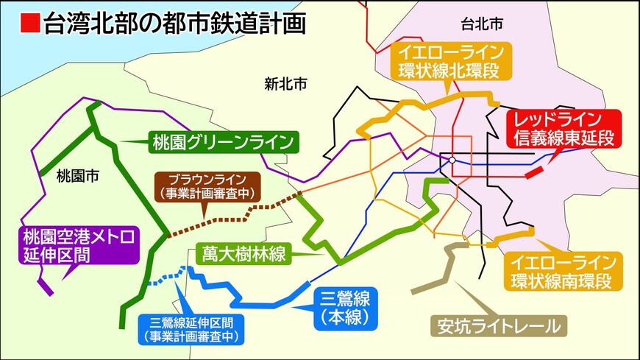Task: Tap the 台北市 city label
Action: tap(483, 24)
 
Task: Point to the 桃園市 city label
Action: tap(77, 177)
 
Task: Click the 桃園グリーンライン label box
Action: tap(221, 141)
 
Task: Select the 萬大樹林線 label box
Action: tap(244, 255)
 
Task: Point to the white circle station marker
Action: tap(452, 160)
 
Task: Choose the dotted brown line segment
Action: tap(235, 214)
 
